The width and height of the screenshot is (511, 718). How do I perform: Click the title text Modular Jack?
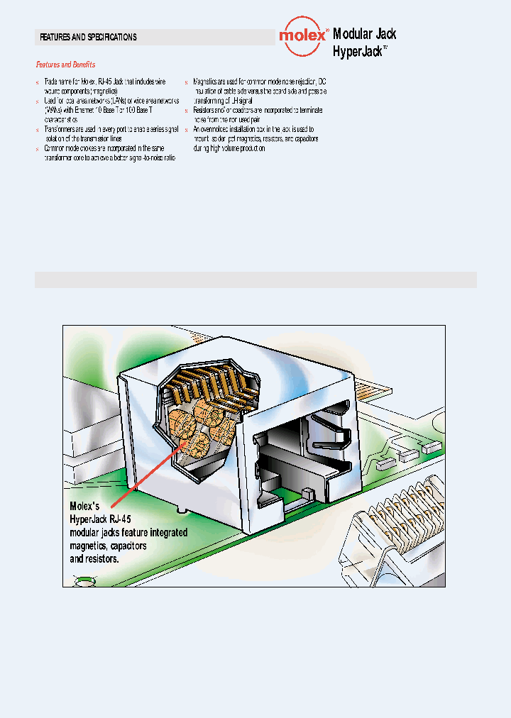[x=364, y=34]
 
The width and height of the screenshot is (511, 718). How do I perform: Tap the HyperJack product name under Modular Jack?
[x=358, y=51]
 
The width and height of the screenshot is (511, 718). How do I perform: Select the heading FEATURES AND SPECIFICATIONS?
[x=88, y=37]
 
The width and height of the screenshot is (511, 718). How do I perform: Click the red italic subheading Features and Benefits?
[x=65, y=65]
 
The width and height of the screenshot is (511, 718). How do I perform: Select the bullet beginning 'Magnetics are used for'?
[x=260, y=87]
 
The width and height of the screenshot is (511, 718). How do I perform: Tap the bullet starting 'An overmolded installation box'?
[x=255, y=140]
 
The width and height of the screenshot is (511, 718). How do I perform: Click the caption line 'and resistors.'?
[x=94, y=559]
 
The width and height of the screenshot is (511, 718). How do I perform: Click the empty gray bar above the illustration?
[x=255, y=280]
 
